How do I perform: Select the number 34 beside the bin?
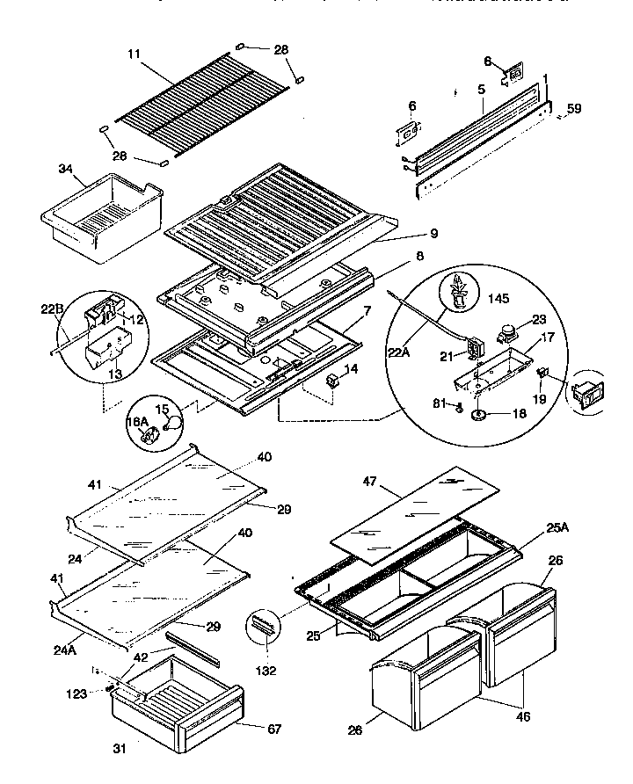click(64, 169)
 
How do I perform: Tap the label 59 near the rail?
click(573, 109)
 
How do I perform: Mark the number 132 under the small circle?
click(265, 670)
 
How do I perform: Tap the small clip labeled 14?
click(333, 380)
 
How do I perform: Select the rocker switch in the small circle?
click(586, 395)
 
